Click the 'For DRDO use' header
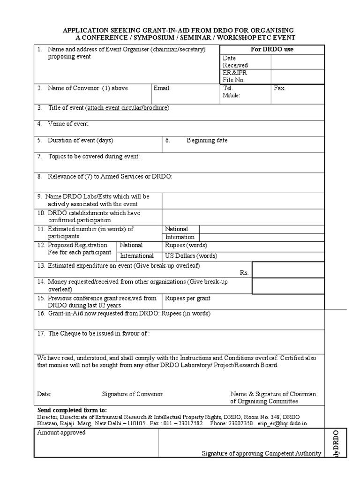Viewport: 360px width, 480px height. tap(272, 49)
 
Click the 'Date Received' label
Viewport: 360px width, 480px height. tap(235, 61)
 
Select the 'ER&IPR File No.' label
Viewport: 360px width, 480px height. tap(235, 76)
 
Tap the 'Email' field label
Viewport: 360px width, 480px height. tap(161, 88)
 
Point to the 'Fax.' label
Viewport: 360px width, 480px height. tap(279, 88)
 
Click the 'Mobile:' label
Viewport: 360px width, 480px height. tap(232, 95)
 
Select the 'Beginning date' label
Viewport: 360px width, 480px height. tap(207, 140)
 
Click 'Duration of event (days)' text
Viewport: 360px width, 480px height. tap(80, 140)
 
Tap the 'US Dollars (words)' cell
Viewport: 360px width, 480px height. tap(191, 256)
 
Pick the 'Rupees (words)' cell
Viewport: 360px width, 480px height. tap(186, 245)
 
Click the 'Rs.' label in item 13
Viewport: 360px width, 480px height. tap(244, 272)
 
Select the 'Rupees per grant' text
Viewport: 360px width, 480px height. tap(187, 298)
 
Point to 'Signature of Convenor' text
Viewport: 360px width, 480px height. tap(132, 394)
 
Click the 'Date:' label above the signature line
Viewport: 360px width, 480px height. tap(44, 394)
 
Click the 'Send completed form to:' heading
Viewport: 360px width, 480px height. tap(72, 409)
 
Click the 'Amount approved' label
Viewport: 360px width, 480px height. tap(61, 433)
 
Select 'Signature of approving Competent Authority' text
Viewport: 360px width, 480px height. tap(261, 453)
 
